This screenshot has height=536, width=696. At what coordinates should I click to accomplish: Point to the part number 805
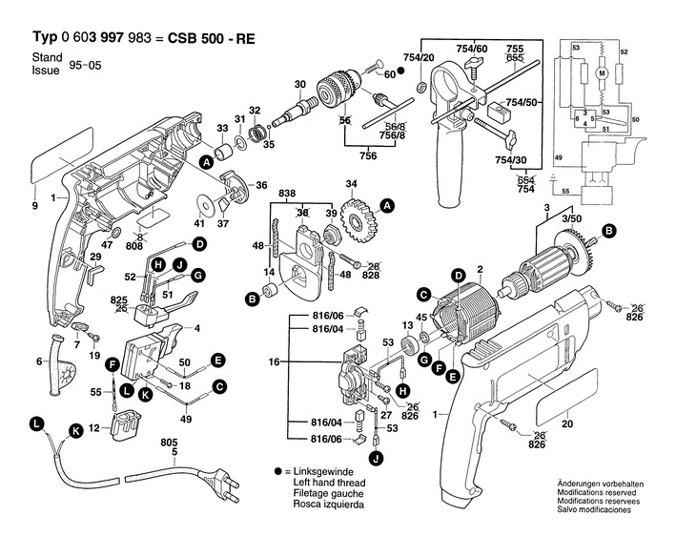(170, 442)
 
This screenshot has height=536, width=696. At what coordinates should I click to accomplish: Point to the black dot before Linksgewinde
(277, 472)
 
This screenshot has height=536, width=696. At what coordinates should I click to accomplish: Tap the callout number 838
(287, 194)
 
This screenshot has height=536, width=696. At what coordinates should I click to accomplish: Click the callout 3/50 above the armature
(570, 220)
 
